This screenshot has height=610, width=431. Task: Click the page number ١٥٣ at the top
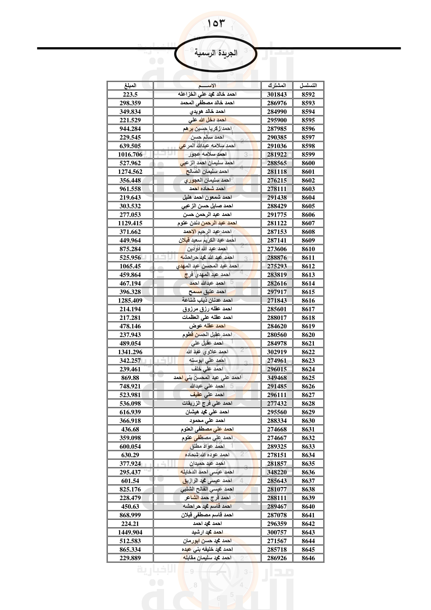tap(215, 23)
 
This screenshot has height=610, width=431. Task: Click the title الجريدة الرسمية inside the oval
tap(215, 53)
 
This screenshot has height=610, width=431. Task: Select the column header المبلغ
tap(130, 86)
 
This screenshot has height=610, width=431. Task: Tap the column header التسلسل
tap(308, 86)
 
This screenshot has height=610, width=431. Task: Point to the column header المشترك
tap(277, 86)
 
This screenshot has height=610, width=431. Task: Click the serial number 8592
tap(308, 94)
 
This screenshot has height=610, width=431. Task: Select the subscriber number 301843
tap(277, 94)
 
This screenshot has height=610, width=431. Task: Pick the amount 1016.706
tap(130, 155)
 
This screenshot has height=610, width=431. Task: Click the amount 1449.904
tap(130, 532)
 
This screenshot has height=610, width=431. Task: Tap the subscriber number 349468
tap(277, 378)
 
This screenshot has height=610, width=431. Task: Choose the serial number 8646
tap(308, 558)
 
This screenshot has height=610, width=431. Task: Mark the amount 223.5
tap(130, 94)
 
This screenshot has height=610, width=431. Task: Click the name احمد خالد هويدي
tap(207, 112)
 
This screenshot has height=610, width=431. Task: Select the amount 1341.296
tap(130, 352)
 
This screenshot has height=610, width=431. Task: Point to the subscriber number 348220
tap(277, 472)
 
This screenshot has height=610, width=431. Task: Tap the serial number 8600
tap(308, 163)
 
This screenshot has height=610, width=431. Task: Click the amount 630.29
tap(130, 455)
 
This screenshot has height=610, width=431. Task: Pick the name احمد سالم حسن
tap(207, 137)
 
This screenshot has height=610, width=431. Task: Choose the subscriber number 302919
tap(277, 352)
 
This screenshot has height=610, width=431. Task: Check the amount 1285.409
tap(130, 300)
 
